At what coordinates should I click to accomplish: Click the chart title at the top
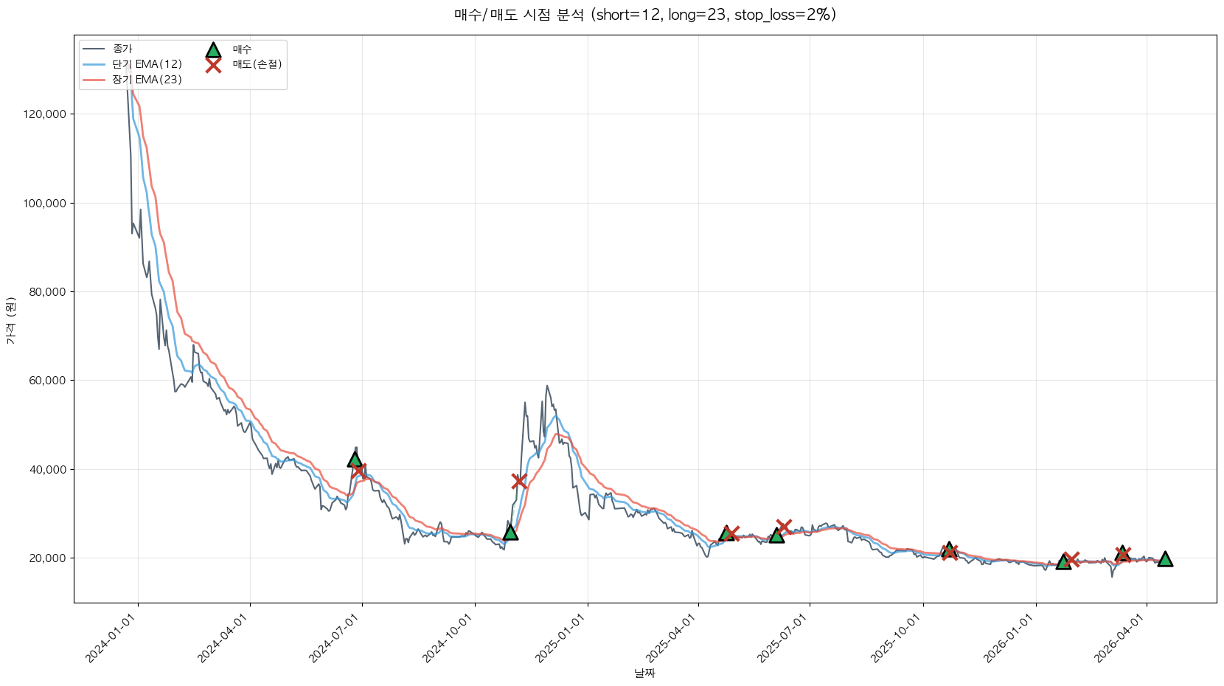point(644,15)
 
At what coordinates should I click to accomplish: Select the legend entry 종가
point(122,49)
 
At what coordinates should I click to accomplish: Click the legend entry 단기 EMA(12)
point(147,64)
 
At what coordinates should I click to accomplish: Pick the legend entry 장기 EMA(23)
point(147,80)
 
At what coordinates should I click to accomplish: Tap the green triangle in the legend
point(213,49)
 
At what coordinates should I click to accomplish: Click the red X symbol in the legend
point(213,65)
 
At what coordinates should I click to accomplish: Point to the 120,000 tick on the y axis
point(45,114)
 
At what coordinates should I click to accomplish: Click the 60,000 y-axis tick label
point(47,381)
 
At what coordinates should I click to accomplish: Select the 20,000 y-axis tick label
point(47,558)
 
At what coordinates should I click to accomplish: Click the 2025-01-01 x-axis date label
point(561,638)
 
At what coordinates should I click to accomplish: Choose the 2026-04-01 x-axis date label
point(1121,638)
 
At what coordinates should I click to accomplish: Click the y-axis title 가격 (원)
point(10,320)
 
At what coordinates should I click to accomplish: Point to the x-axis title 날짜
point(644,673)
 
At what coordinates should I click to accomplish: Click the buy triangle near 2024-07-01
point(355,460)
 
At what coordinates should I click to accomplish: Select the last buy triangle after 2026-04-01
point(1165,559)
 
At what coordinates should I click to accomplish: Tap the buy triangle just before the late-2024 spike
point(510,533)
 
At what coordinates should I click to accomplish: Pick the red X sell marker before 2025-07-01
point(784,526)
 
